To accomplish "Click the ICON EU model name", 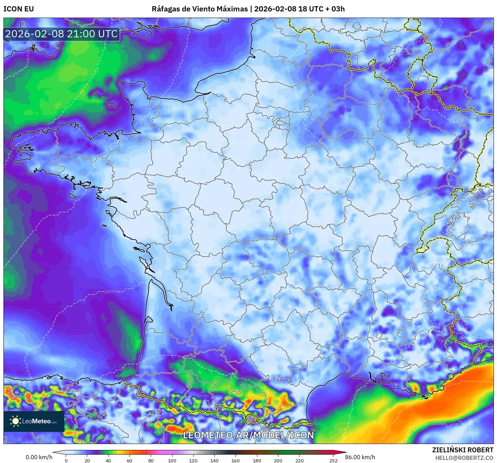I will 19,9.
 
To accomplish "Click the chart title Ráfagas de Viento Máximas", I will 200,9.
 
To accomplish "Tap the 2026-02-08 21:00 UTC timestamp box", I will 62,34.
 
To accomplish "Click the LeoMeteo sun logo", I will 15,421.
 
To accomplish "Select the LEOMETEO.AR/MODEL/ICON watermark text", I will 248,435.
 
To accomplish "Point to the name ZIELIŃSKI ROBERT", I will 463,450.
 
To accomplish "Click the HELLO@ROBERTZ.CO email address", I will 464,458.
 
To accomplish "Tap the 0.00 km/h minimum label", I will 39,457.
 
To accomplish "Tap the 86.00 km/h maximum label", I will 360,457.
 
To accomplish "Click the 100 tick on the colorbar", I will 172,461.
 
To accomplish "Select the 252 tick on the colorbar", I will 334,461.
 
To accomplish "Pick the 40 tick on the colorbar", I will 108,461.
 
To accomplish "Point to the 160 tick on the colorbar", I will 236,461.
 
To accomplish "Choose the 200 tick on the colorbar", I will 278,461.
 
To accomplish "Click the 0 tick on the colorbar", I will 66,461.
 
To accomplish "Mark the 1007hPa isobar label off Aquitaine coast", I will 112,291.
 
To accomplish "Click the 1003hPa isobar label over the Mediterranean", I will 440,424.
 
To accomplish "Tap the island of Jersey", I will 112,105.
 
